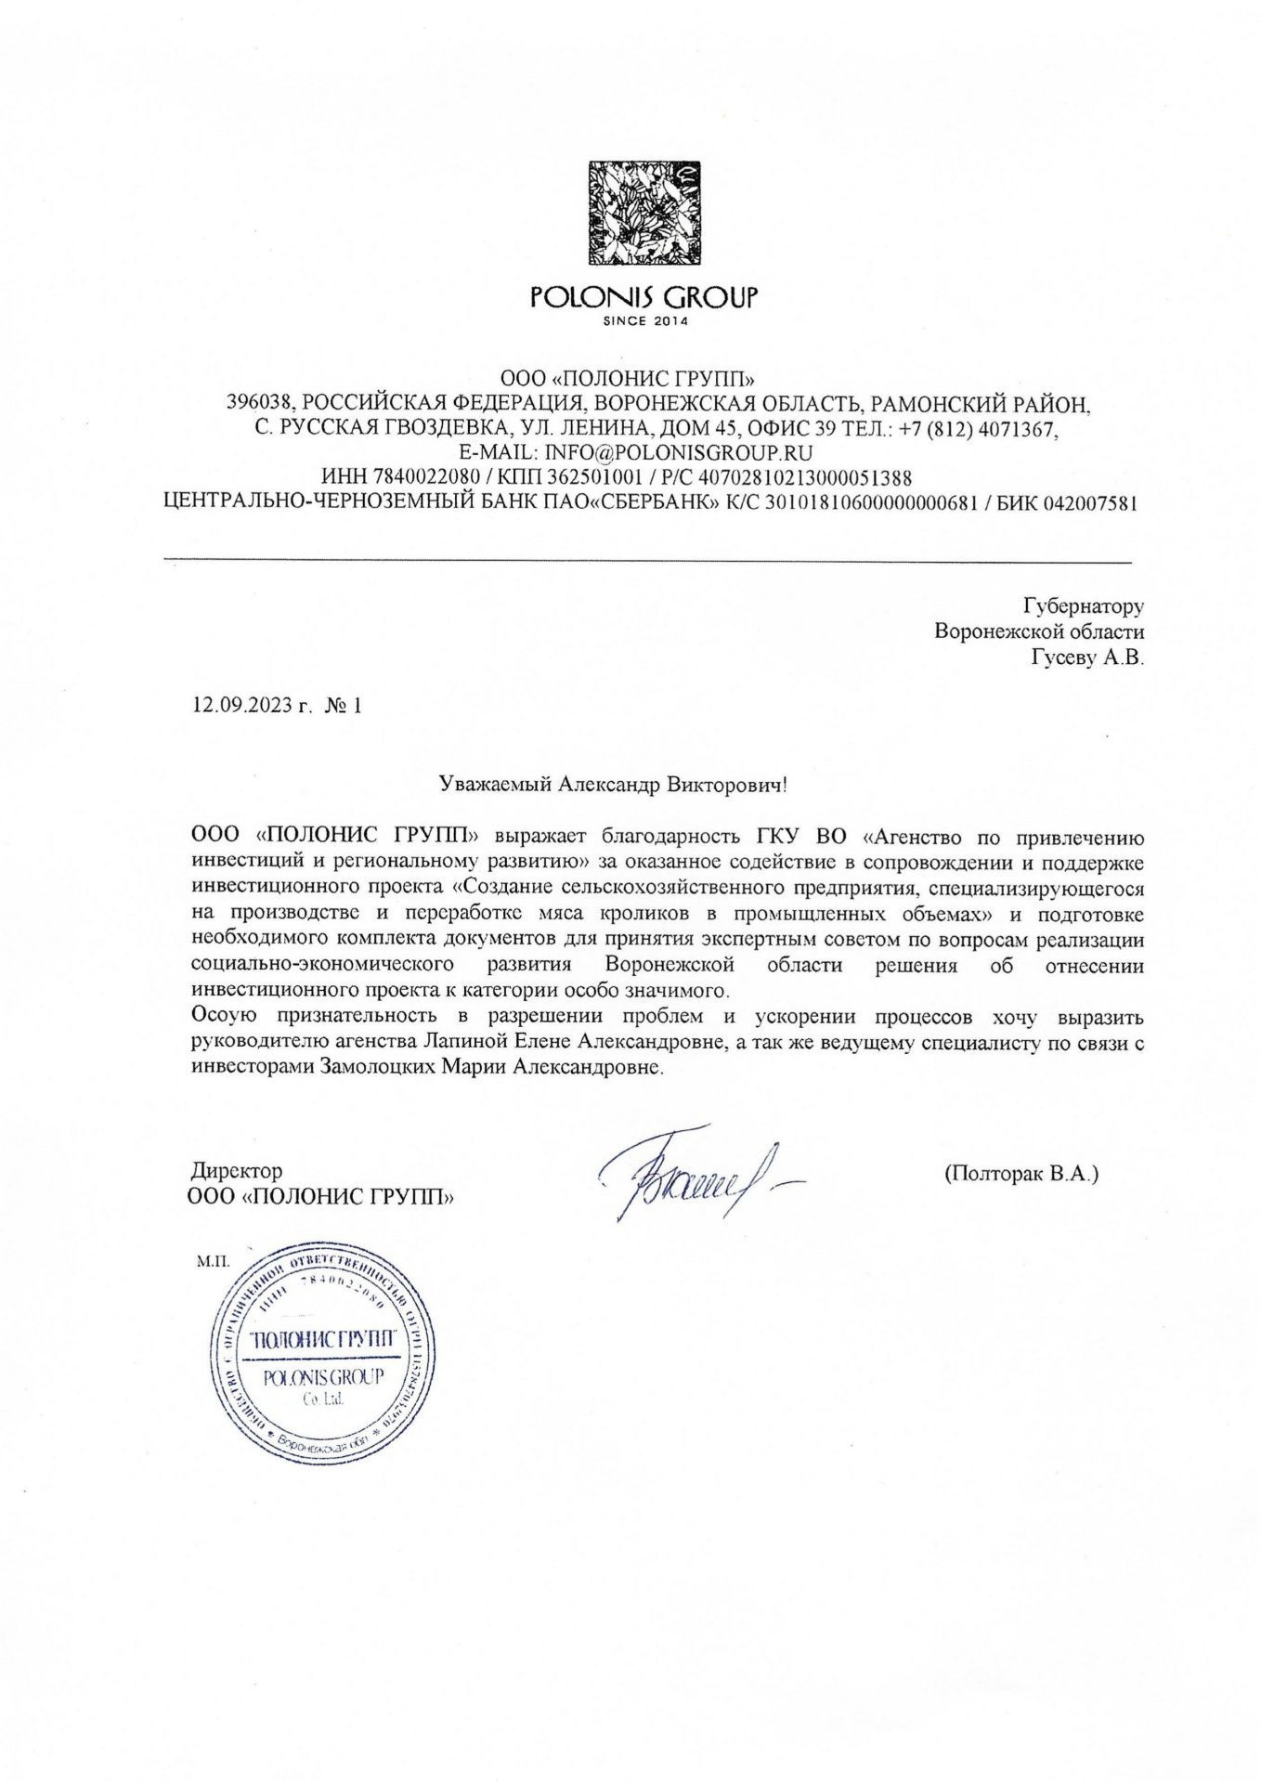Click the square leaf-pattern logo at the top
[644, 215]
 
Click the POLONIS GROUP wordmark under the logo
[644, 297]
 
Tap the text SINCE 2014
[644, 322]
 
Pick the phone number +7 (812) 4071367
[980, 429]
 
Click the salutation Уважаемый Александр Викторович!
[613, 784]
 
